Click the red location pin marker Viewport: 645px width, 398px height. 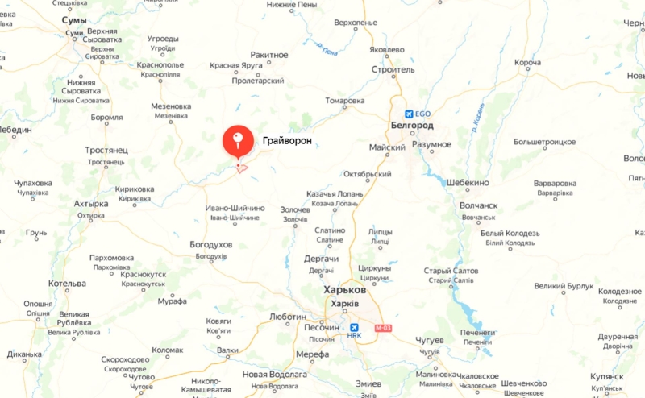236,143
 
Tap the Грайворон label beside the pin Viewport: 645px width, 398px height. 286,140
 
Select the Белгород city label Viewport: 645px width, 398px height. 411,126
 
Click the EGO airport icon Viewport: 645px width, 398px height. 410,114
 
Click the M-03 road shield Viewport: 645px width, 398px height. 381,327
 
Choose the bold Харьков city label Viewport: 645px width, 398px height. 344,290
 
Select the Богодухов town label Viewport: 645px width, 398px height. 211,244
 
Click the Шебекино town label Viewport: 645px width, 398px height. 467,182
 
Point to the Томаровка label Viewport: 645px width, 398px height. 345,102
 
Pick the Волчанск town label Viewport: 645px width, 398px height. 478,205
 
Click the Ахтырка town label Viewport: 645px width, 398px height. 91,204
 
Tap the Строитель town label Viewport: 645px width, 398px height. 393,70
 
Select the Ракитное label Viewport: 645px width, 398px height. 269,54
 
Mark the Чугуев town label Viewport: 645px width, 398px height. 430,341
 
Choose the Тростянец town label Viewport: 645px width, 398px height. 106,151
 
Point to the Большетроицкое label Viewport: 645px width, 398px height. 547,142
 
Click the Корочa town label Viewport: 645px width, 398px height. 527,63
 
